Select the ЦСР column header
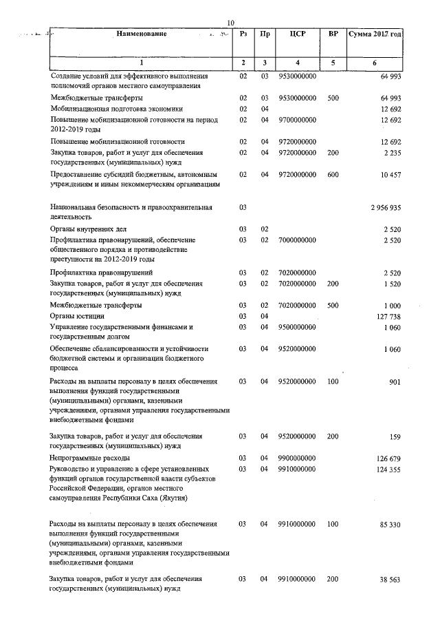point(298,34)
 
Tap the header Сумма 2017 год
point(375,34)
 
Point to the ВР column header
point(333,34)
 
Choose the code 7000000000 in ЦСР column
point(297,240)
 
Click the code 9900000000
point(297,457)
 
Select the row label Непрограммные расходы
point(90,457)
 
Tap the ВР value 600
point(333,175)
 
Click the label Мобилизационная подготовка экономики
point(115,108)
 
